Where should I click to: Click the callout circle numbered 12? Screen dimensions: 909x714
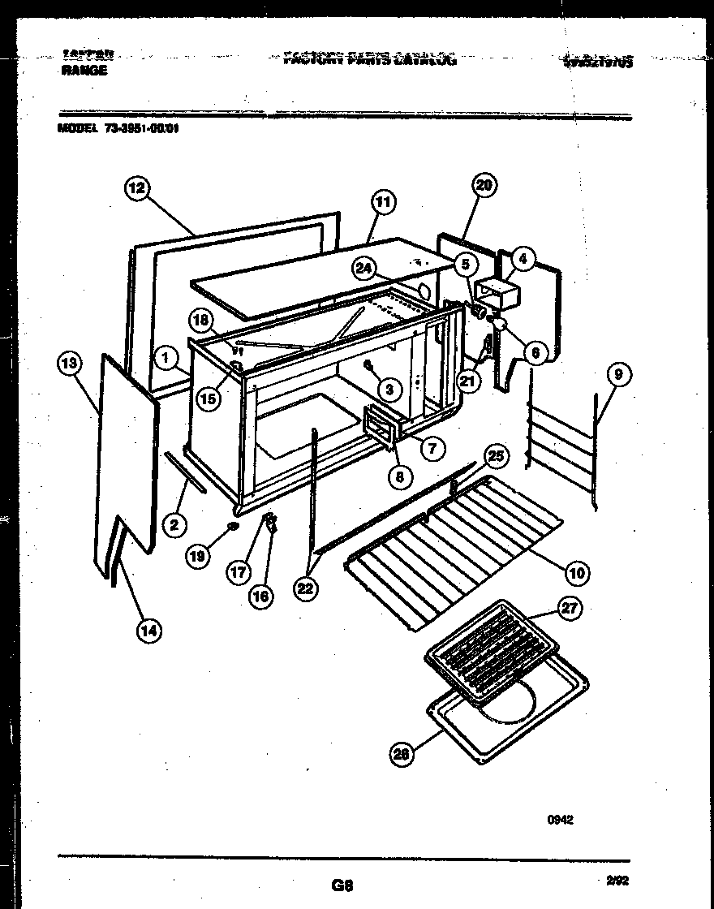(x=136, y=188)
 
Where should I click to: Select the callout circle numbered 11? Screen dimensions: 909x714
(x=382, y=202)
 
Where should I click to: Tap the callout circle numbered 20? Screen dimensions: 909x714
(x=484, y=185)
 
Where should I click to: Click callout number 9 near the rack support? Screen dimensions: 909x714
(x=619, y=374)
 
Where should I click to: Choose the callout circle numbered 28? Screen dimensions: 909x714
(x=400, y=755)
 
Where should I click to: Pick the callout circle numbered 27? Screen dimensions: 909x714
(x=570, y=611)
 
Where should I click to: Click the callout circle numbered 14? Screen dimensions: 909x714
(x=149, y=630)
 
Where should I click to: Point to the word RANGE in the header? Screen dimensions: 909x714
(x=84, y=71)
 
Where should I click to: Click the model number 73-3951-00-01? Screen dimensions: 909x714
(x=140, y=127)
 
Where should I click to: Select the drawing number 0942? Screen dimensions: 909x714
(x=560, y=820)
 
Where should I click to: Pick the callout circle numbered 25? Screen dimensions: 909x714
(x=495, y=456)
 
